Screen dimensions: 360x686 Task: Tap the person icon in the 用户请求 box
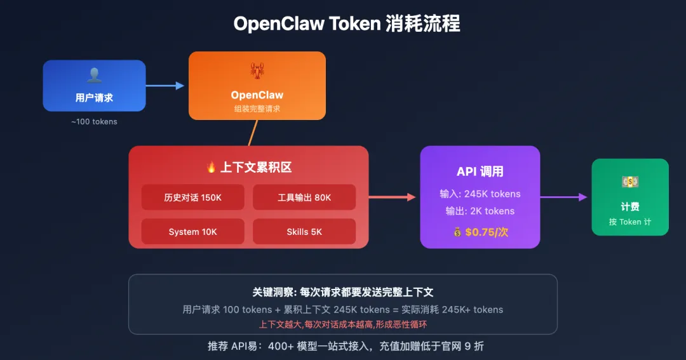[x=94, y=76]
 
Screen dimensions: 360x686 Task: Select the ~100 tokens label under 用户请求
[x=94, y=121]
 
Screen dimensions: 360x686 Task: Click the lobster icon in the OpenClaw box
[x=257, y=71]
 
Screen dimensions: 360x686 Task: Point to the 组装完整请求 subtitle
[x=257, y=109]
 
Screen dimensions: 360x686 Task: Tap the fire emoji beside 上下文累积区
[x=212, y=167]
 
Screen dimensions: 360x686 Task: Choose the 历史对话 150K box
[x=192, y=197]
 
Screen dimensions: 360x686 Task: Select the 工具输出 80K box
[x=304, y=197]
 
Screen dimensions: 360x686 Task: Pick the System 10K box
[x=192, y=232]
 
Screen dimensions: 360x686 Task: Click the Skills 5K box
[x=304, y=232]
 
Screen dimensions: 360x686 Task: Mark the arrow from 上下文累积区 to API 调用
[x=392, y=197]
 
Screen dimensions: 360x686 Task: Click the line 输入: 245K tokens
[x=480, y=194]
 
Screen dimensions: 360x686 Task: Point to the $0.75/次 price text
[x=487, y=232]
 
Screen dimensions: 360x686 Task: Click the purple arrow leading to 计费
[x=563, y=197]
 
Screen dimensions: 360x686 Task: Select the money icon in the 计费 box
[x=630, y=182]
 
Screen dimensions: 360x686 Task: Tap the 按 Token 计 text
[x=630, y=222]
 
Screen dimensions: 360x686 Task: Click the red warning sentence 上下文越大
[x=342, y=324]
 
